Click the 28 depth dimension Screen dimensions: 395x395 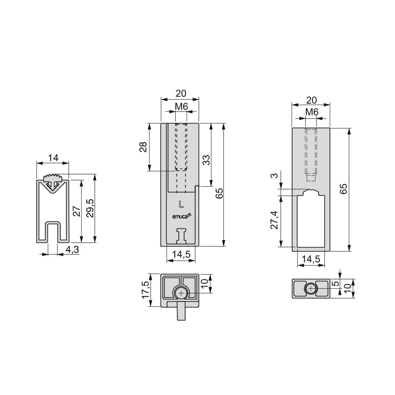(143, 147)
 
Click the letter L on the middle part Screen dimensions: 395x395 (181, 204)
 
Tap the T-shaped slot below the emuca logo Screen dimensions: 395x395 (181, 236)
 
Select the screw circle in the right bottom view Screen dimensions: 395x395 (311, 289)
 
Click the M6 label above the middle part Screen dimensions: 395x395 (181, 106)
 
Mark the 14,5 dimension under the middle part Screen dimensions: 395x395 (181, 255)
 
